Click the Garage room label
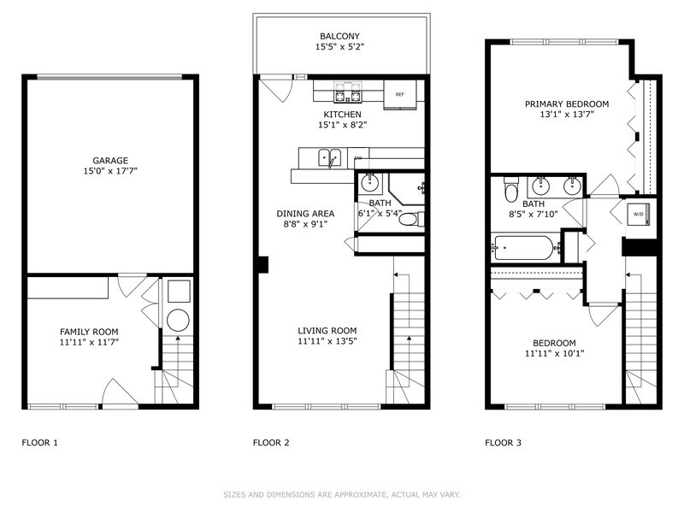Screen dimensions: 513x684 pos(110,160)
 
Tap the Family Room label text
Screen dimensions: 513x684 pos(89,332)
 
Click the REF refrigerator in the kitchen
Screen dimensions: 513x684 pos(399,95)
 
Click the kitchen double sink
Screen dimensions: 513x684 pos(329,158)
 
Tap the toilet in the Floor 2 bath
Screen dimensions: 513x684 pos(410,219)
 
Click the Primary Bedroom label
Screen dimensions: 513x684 pos(560,105)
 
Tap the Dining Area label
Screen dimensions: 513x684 pos(305,214)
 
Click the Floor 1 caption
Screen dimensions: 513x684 pos(40,443)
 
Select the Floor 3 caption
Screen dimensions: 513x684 pos(504,443)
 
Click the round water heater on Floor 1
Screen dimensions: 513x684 pos(178,321)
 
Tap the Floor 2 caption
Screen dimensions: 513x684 pos(272,443)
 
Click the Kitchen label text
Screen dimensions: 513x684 pos(342,115)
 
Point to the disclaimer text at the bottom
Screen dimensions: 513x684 pos(342,494)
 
